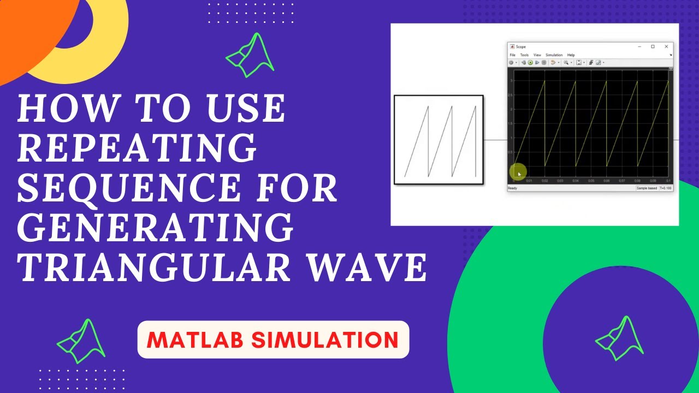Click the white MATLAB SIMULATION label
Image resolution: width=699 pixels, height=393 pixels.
pos(273,340)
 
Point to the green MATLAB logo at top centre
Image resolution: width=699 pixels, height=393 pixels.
pos(250,56)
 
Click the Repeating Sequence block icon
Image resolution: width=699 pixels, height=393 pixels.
pos(439,140)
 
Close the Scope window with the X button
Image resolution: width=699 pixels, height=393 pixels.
pos(666,47)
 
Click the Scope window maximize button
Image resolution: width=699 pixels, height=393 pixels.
pos(653,47)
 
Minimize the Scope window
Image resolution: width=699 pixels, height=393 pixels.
pos(639,47)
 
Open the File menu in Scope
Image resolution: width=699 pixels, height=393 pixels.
pos(512,55)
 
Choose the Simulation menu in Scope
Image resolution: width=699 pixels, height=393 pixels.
pos(554,55)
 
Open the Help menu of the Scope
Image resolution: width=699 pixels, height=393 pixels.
pos(571,55)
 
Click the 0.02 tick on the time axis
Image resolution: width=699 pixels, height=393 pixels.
pos(544,181)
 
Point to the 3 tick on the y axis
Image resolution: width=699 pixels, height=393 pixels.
pos(512,81)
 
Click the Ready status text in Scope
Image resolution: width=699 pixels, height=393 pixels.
pos(512,188)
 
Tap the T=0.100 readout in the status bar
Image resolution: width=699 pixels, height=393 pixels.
pos(666,188)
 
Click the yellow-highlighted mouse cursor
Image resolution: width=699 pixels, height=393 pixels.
pos(518,173)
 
